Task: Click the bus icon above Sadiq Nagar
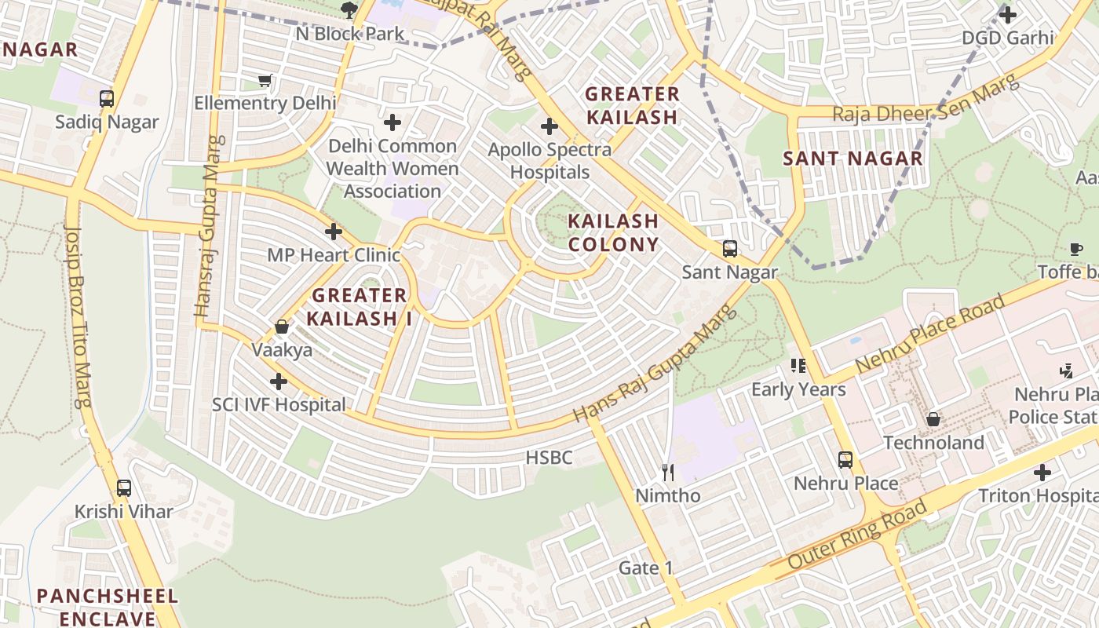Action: pos(107,99)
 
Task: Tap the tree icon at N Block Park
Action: pos(349,9)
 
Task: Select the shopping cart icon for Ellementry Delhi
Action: pos(265,80)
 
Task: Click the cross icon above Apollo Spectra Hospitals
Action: pos(549,126)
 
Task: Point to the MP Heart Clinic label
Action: pos(334,255)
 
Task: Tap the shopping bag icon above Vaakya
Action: pos(282,327)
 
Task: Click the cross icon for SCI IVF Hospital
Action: pos(278,382)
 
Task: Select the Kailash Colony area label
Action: pos(613,232)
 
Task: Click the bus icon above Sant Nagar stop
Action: pos(729,249)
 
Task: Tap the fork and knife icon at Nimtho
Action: pos(668,472)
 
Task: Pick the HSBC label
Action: pos(549,458)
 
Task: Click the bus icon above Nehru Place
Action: pos(845,459)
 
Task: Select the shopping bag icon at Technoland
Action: pos(933,419)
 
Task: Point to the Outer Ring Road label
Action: pos(857,536)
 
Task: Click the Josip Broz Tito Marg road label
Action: pos(78,314)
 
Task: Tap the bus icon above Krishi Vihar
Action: pos(124,487)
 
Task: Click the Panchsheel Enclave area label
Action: pos(108,607)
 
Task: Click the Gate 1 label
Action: pos(646,568)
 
